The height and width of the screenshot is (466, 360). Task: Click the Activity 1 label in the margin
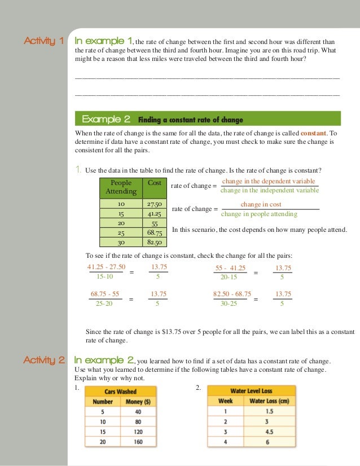pos(43,41)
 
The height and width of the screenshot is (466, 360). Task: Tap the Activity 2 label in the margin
pos(43,361)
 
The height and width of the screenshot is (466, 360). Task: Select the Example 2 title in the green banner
pos(106,120)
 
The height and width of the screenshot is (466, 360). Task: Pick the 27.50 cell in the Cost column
pos(154,204)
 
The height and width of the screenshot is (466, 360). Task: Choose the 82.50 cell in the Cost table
pos(154,243)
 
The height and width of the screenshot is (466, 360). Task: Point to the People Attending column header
pos(121,187)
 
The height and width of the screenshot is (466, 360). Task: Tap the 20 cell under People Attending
pos(121,223)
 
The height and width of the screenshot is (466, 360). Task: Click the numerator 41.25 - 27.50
pos(107,267)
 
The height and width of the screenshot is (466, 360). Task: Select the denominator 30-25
pos(229,304)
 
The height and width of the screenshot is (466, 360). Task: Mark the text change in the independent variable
pos(269,190)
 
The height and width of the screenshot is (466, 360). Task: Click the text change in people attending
pos(259,214)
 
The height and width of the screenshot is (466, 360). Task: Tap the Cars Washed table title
pos(121,391)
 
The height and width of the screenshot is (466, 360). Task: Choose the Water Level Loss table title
pos(251,390)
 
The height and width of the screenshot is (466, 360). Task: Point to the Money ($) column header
pos(138,402)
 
